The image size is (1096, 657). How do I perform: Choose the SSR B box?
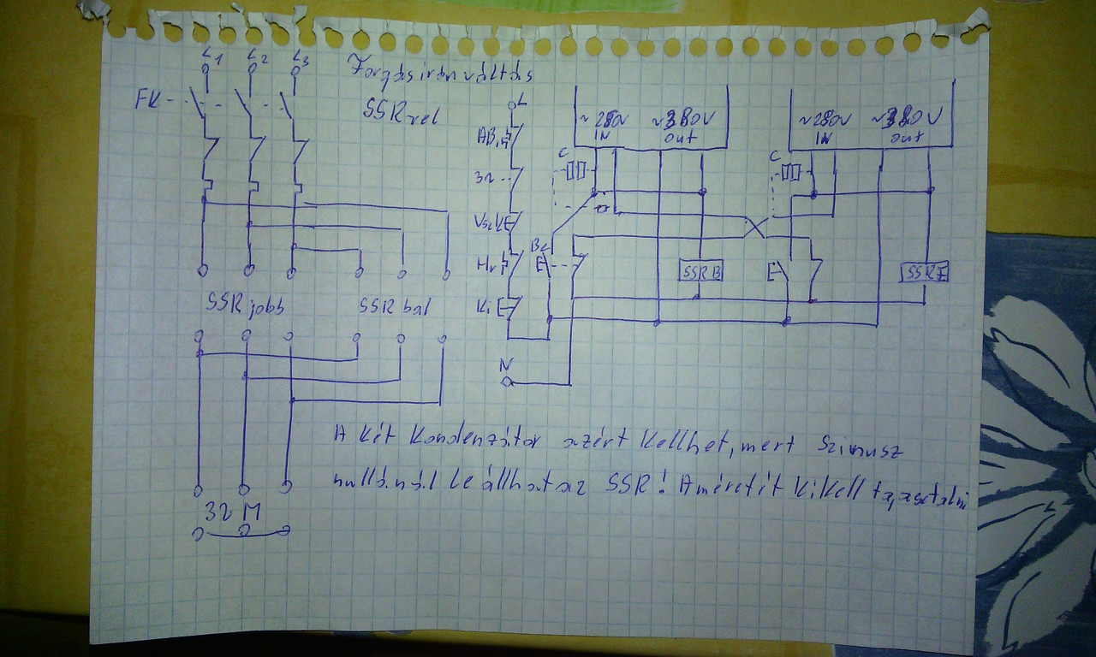point(701,271)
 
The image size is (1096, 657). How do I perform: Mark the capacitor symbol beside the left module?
point(580,172)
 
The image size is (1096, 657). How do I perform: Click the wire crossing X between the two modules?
point(754,228)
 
